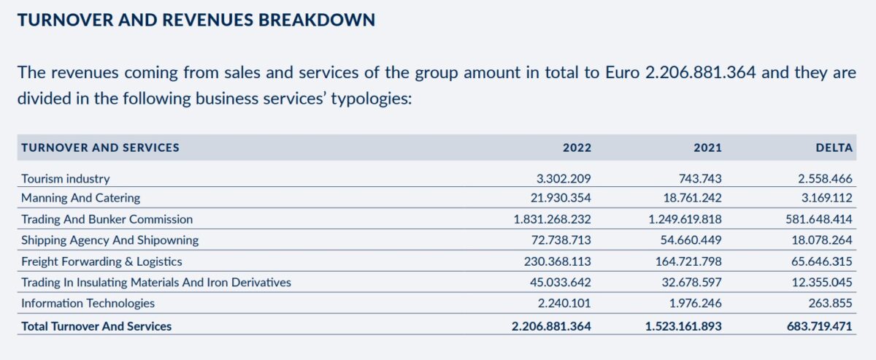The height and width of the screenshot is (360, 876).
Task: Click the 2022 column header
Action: pyautogui.click(x=577, y=148)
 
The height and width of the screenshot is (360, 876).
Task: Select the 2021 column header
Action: pyautogui.click(x=707, y=148)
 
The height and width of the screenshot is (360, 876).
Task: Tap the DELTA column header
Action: pyautogui.click(x=834, y=148)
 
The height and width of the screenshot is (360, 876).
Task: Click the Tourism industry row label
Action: pyautogui.click(x=66, y=178)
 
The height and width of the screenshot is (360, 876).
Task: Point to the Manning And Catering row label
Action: pyautogui.click(x=80, y=198)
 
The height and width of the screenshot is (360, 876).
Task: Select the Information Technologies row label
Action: pyautogui.click(x=88, y=303)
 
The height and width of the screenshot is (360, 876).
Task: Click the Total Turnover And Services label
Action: pyautogui.click(x=96, y=326)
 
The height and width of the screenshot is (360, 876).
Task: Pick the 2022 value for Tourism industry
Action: pyautogui.click(x=564, y=178)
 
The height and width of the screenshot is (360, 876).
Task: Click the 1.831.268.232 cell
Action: pyautogui.click(x=553, y=219)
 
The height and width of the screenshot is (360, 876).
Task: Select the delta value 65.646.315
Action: pyautogui.click(x=818, y=261)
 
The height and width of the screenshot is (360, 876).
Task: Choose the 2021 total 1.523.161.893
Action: pyautogui.click(x=683, y=326)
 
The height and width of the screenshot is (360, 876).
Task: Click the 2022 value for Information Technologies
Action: pyautogui.click(x=564, y=303)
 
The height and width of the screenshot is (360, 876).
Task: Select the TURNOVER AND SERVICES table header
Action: pyautogui.click(x=100, y=148)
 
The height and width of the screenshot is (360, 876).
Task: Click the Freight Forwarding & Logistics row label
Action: pyautogui.click(x=101, y=261)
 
